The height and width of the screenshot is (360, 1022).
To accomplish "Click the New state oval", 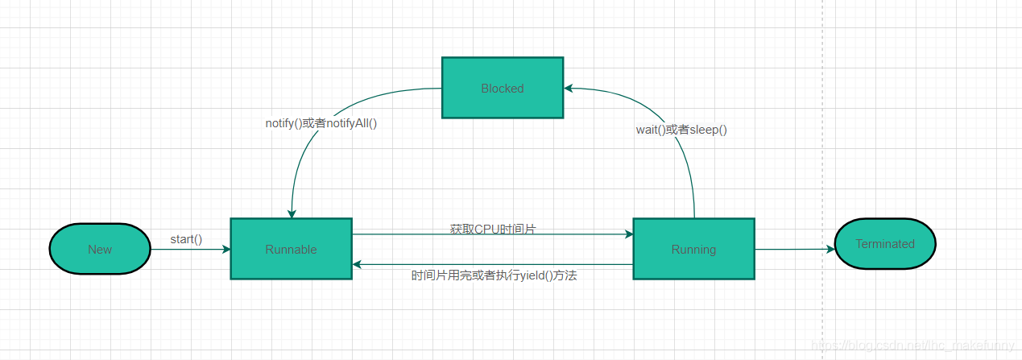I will click(x=100, y=249).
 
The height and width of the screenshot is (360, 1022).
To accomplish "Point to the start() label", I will click(x=186, y=239).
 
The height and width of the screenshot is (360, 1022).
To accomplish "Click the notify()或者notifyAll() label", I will click(x=321, y=123).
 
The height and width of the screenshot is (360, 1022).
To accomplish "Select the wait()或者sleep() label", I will click(x=681, y=129).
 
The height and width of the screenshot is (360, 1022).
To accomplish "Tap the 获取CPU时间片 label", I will click(x=493, y=230).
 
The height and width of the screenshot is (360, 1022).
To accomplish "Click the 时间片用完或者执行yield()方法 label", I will click(x=494, y=275).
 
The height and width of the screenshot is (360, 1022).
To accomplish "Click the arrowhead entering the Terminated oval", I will click(x=830, y=249).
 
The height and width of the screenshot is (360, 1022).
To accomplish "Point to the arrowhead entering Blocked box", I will click(x=569, y=88).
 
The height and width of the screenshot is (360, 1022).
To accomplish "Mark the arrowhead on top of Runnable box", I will click(x=292, y=213).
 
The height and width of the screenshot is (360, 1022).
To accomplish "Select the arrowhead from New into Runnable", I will click(x=226, y=249).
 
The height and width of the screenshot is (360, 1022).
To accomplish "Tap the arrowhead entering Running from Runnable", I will click(x=629, y=234).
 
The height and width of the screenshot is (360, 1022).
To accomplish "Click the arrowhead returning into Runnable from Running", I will click(x=357, y=264).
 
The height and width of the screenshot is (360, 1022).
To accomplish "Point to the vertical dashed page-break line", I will click(x=822, y=161).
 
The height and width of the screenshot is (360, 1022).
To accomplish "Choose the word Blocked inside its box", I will click(x=502, y=89).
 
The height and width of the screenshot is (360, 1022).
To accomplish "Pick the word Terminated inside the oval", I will click(x=885, y=244).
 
